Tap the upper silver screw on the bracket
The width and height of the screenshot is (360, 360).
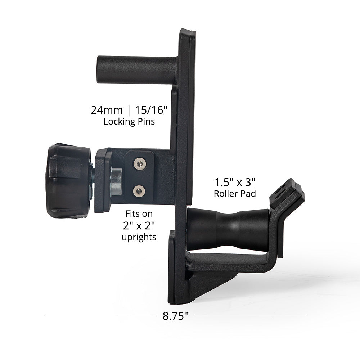(140, 164)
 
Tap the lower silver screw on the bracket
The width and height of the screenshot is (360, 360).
(139, 191)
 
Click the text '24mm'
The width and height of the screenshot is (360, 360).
(107, 110)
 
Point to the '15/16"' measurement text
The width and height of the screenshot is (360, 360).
(151, 110)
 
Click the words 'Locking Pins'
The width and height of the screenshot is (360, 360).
(129, 122)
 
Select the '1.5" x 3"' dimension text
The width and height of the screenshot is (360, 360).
(235, 182)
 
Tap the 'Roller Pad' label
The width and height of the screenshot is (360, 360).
(235, 194)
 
